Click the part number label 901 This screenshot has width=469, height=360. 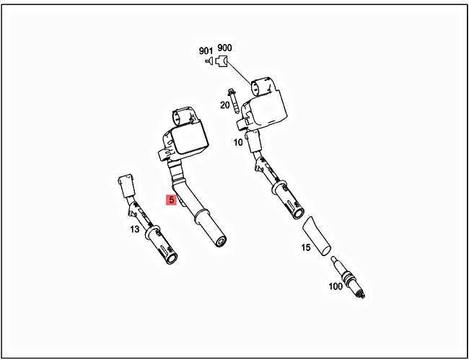(x=206, y=51)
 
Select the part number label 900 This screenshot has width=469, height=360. (x=224, y=49)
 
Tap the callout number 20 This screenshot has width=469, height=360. (x=224, y=105)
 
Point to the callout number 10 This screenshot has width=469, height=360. (x=237, y=142)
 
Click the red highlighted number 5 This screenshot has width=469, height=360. (x=171, y=200)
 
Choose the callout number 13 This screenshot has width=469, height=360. (x=134, y=229)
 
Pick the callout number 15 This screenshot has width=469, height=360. (x=306, y=247)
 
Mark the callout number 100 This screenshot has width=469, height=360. (x=336, y=286)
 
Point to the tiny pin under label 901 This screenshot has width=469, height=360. (x=209, y=62)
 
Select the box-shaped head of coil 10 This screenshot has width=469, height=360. (x=267, y=105)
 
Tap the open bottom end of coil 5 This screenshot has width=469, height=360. (x=218, y=239)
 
